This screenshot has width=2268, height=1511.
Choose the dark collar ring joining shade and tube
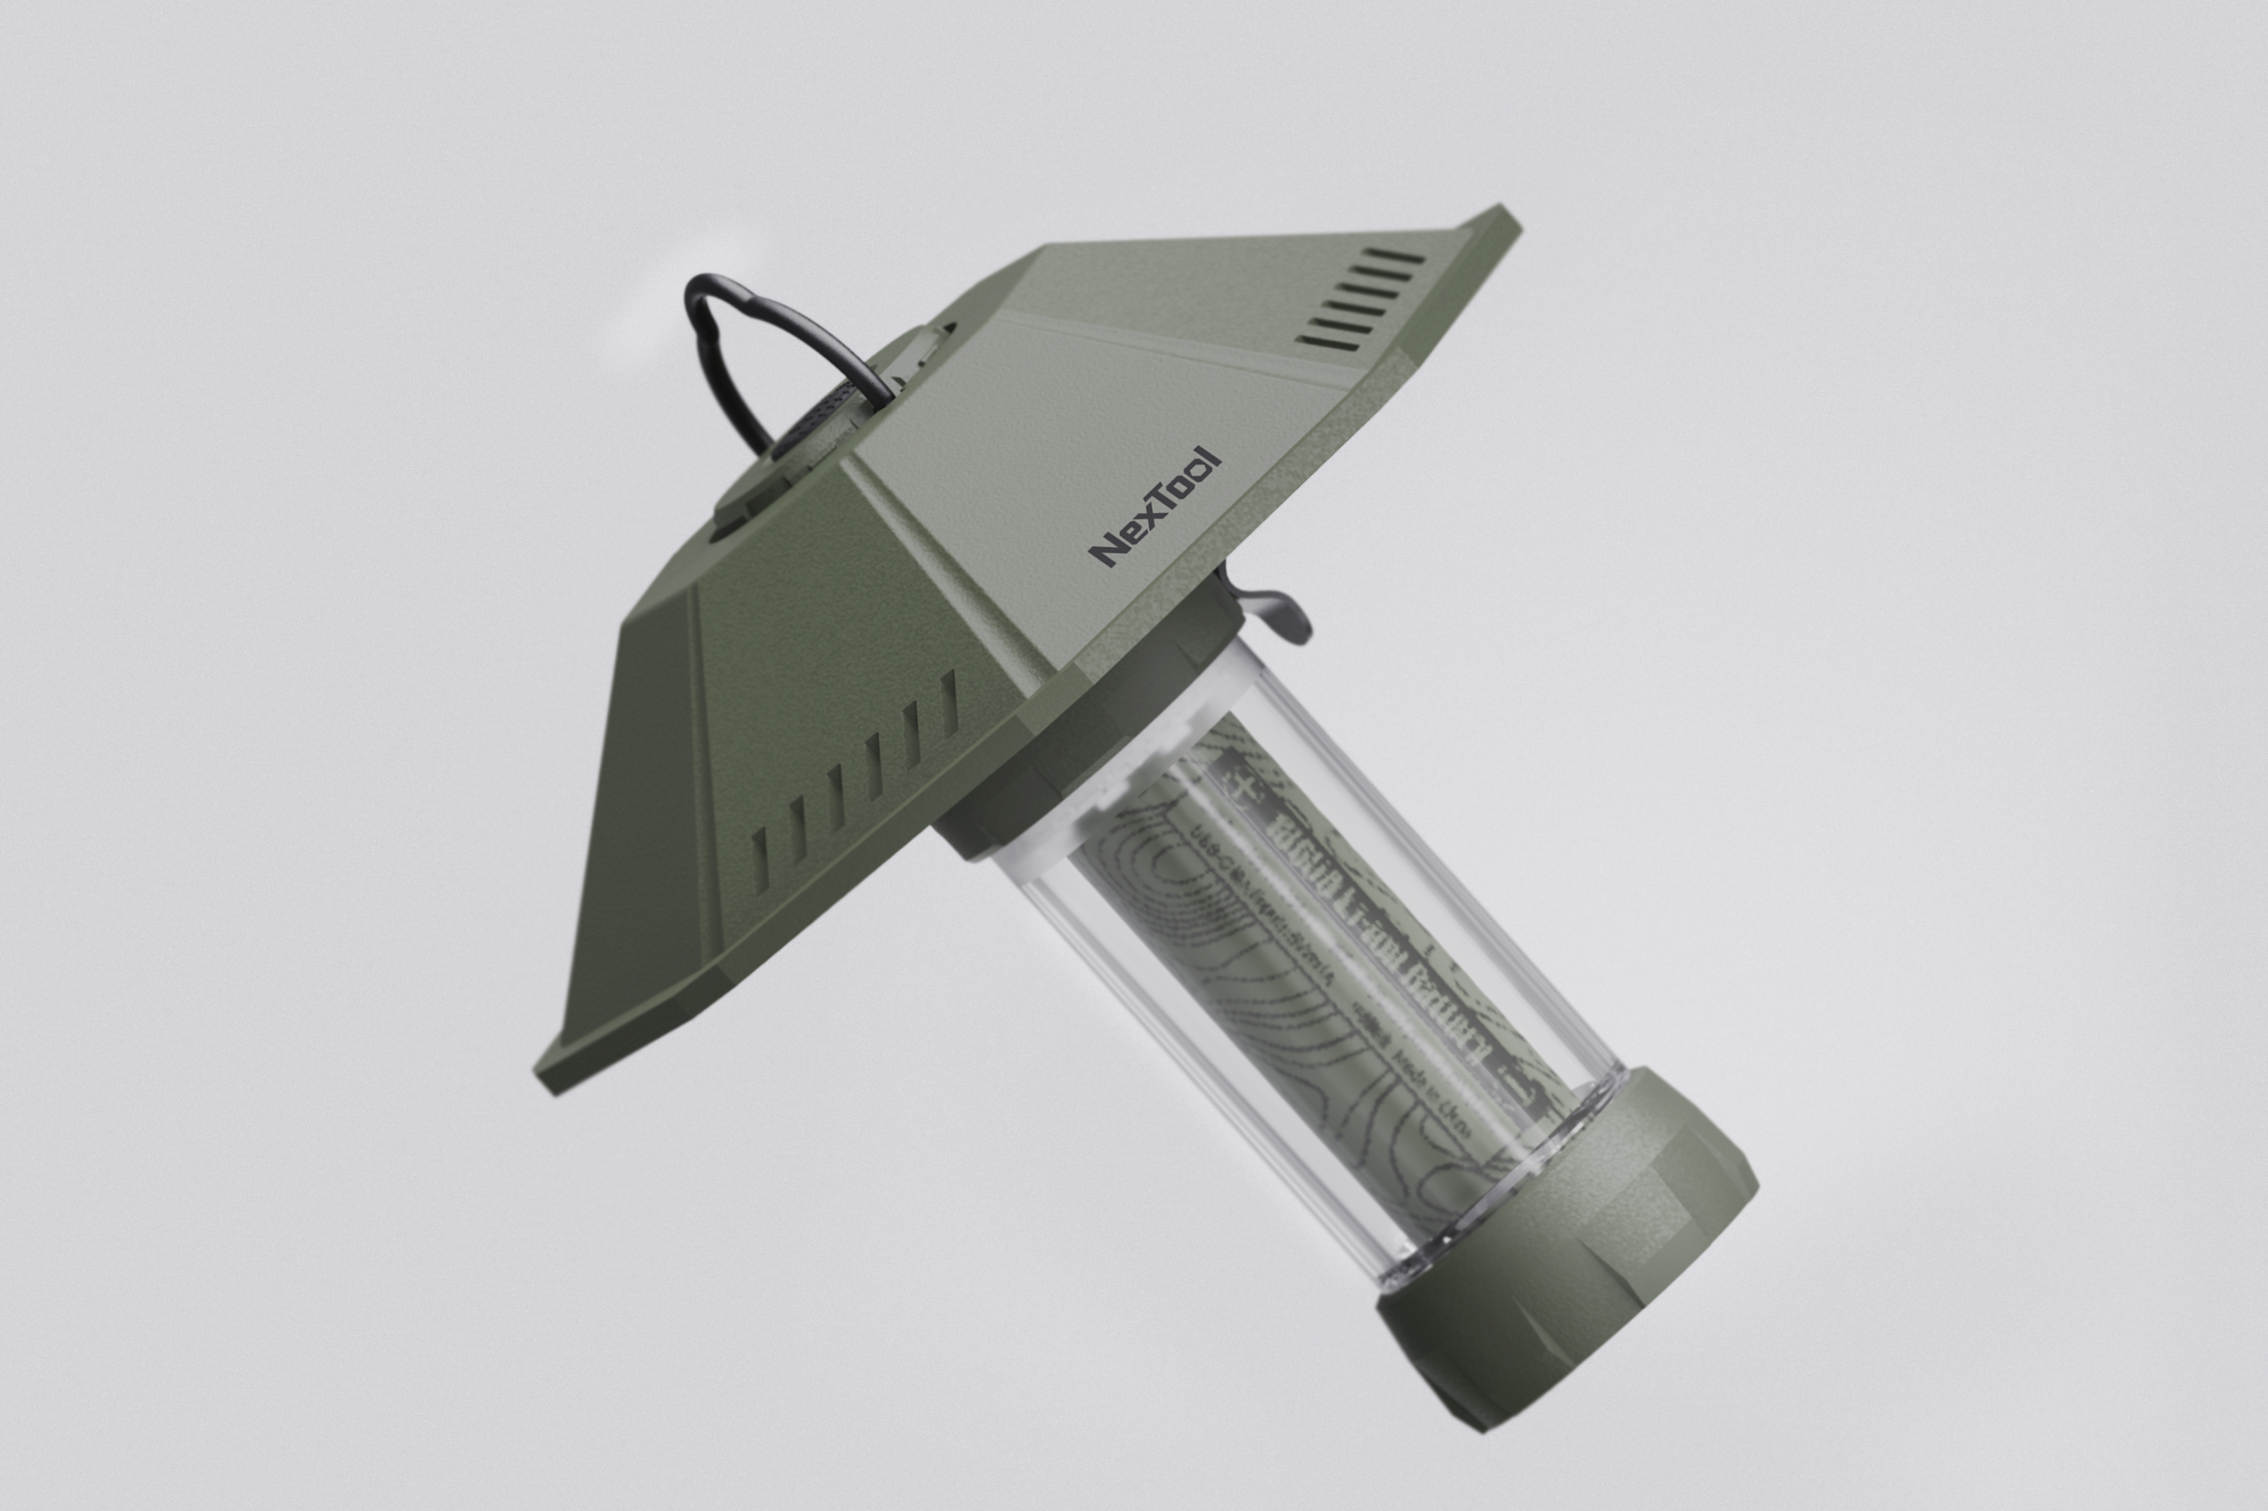click(x=1080, y=761)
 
